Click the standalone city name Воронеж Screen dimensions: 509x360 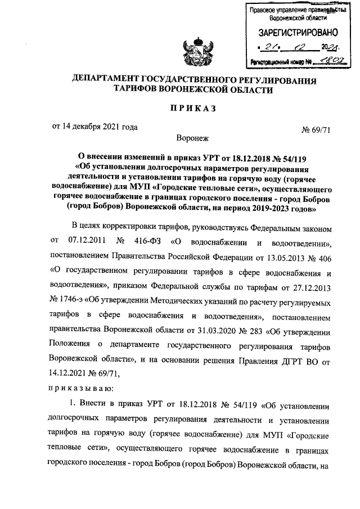[192, 137]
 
